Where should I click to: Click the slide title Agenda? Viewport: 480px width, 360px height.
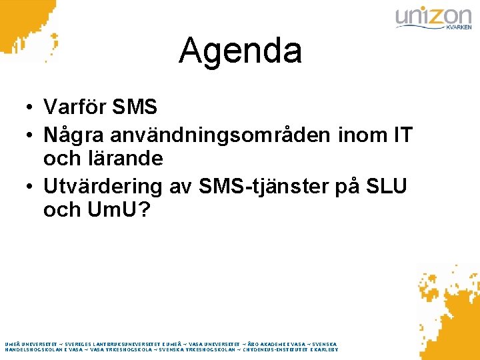point(240,51)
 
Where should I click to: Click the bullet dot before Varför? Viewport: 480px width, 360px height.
point(31,107)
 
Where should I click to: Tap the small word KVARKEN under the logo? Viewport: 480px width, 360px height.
point(457,28)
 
